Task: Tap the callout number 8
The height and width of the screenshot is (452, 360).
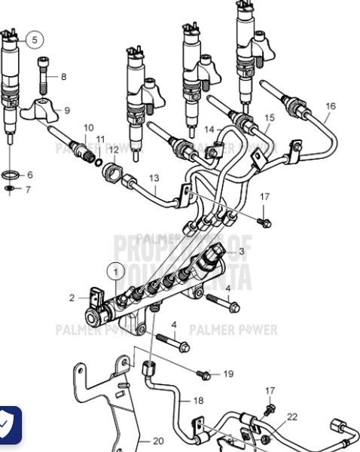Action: coord(63,77)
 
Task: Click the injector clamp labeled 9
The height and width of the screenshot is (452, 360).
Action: coord(41,111)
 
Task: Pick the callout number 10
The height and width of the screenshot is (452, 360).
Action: coord(89,127)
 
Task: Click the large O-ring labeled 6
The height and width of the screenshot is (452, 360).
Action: coord(11,174)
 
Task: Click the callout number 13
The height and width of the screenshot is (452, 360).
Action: coord(154,178)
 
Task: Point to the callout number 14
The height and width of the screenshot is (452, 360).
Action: coord(209,129)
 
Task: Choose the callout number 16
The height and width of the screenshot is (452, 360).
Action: coord(330,106)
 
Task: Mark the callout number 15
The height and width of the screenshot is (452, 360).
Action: coord(269,118)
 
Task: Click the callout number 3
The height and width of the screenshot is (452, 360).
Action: coord(241,252)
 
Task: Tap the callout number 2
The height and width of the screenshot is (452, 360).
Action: coord(73,298)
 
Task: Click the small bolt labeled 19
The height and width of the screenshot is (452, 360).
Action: coord(203,374)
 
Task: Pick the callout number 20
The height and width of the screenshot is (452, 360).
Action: coord(158,441)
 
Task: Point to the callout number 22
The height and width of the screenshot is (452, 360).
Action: coord(292,417)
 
